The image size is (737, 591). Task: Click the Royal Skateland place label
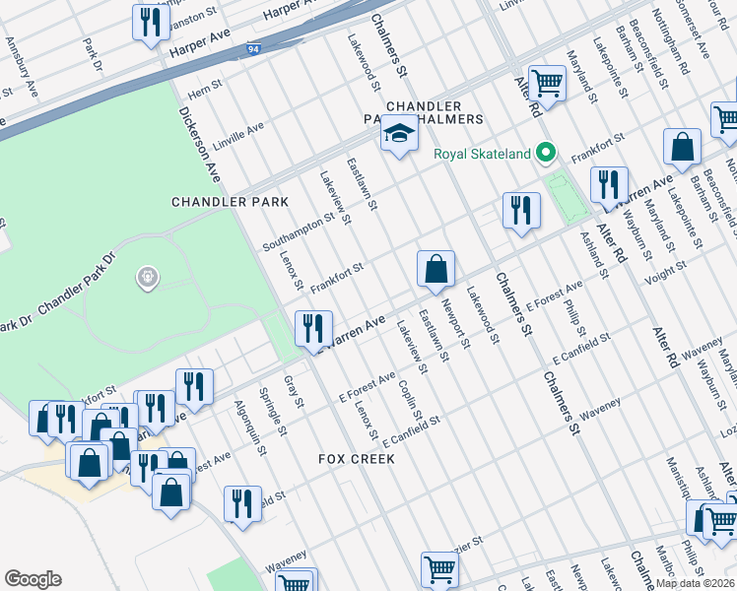(483, 154)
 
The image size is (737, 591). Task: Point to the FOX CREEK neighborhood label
(357, 459)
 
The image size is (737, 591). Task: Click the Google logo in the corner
(33, 579)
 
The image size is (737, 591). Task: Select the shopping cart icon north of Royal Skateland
(546, 84)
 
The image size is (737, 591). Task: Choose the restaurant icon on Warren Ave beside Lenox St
(313, 326)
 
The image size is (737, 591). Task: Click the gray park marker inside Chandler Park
(148, 279)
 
